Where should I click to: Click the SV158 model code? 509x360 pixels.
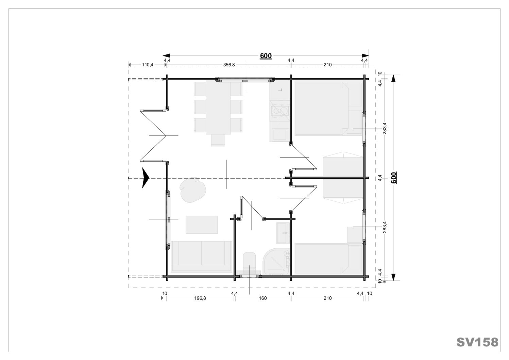477,342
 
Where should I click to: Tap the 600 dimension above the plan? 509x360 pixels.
266,56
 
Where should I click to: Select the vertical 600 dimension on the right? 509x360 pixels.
394,178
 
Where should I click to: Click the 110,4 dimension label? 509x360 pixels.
148,65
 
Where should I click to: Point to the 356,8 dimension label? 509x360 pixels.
229,65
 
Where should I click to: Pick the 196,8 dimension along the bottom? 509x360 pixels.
200,298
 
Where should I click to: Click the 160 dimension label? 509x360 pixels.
263,298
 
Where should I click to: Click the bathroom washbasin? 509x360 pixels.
283,233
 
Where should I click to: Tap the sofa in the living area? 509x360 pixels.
202,257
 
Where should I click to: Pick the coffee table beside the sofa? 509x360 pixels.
202,225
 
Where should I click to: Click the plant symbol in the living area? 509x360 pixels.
193,190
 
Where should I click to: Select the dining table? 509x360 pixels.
218,108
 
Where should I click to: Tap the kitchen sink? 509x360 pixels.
279,134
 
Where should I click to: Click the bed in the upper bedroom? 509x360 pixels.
328,109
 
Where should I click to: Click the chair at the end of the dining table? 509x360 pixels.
218,140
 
